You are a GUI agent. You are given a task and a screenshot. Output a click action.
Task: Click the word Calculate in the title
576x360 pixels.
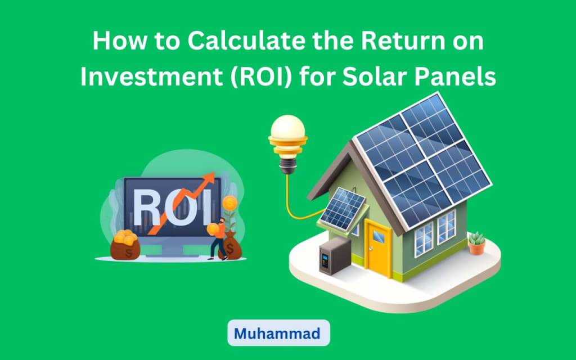pos(246,40)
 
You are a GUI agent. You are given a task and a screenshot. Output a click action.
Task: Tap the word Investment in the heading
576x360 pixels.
pos(151,76)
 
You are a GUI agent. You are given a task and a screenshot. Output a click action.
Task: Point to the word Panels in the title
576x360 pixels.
pos(455,76)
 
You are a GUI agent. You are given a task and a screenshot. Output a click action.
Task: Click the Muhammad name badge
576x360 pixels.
pos(278,333)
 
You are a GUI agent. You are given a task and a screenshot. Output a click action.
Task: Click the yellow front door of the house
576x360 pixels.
pos(377,247)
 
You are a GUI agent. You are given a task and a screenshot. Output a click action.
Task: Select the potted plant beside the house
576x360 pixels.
pos(477,243)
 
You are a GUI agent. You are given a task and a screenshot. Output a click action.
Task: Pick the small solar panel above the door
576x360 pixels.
pos(343,209)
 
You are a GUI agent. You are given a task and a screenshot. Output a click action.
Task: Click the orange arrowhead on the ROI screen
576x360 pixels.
pos(208,179)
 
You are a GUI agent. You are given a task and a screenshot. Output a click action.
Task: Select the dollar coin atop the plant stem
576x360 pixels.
pos(229,203)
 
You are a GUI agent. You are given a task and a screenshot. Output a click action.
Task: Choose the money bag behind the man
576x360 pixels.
pos(231,246)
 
